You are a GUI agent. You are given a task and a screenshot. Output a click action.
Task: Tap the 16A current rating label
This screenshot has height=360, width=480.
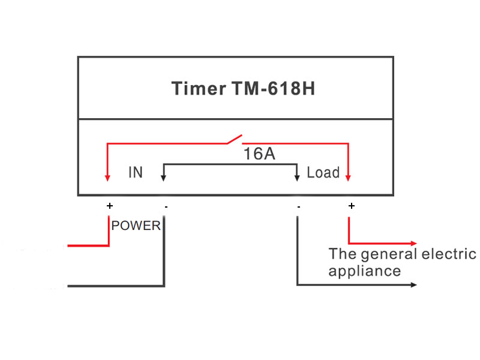(x=259, y=154)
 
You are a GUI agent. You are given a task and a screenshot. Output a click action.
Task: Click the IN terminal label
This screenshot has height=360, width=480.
(x=136, y=173)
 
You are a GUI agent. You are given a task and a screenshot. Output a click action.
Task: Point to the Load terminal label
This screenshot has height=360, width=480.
(x=323, y=173)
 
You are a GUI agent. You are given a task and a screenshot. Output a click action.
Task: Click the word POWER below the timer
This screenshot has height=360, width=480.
(x=136, y=226)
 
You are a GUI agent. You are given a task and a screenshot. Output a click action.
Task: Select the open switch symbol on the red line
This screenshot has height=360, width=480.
(x=234, y=139)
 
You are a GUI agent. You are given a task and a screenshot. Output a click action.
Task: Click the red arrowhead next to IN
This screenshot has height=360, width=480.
(x=107, y=177)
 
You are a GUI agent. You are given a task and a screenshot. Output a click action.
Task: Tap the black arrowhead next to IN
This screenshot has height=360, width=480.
(x=163, y=177)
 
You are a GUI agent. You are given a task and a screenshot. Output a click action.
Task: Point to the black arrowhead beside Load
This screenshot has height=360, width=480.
(x=297, y=177)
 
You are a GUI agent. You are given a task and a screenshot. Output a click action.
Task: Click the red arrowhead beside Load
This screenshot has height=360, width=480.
(x=349, y=177)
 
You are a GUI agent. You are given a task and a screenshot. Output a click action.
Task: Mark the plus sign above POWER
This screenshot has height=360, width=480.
(x=109, y=206)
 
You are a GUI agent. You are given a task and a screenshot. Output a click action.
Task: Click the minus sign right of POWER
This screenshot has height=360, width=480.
(x=166, y=206)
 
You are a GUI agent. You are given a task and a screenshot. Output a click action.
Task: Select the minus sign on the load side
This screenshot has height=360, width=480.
(x=298, y=206)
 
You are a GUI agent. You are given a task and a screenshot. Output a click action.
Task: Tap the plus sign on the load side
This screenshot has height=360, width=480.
(x=351, y=206)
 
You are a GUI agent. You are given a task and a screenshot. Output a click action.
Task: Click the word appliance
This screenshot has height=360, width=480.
(x=364, y=271)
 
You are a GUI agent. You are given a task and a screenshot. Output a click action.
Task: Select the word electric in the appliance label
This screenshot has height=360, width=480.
(x=449, y=254)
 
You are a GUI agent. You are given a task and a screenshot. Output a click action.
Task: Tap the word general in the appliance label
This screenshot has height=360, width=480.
(x=389, y=254)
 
